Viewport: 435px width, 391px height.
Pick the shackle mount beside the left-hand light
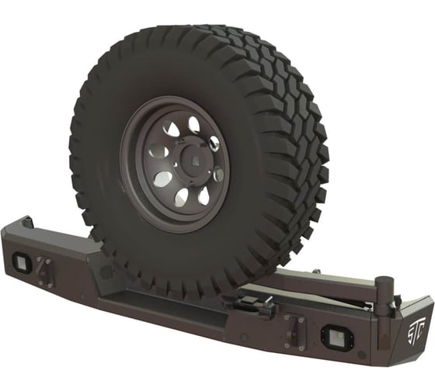tap(45, 272)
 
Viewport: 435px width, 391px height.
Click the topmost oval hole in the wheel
tap(193, 124)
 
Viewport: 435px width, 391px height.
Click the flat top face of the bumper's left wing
tap(47, 237)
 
